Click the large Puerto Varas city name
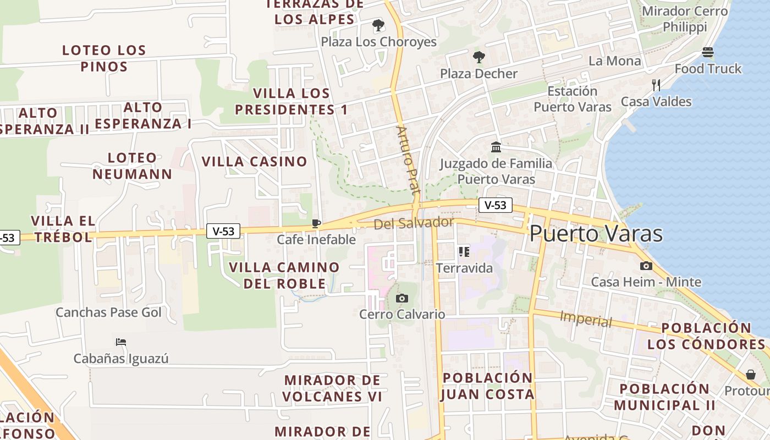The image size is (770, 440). click(x=596, y=234)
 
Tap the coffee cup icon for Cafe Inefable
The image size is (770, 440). click(x=316, y=223)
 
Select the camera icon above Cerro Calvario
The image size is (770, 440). click(x=402, y=298)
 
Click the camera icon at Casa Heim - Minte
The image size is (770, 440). click(x=646, y=266)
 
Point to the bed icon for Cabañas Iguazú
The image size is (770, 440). click(x=121, y=342)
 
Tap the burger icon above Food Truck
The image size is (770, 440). click(x=708, y=52)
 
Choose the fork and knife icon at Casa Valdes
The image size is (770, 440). click(x=656, y=85)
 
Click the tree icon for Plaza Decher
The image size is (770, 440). click(x=479, y=57)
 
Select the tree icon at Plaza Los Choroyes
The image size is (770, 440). click(x=378, y=25)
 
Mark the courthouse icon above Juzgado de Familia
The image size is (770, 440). click(x=496, y=147)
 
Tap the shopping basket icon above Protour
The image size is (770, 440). click(x=751, y=375)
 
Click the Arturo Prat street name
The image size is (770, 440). click(x=408, y=160)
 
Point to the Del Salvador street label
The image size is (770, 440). click(x=414, y=223)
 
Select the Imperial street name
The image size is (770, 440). click(x=585, y=319)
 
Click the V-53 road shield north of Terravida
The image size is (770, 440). click(x=496, y=206)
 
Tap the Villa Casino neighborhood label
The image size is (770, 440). click(x=254, y=162)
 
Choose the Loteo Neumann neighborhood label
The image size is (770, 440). click(x=132, y=166)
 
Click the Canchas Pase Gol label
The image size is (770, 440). click(x=109, y=312)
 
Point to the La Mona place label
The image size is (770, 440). click(x=614, y=61)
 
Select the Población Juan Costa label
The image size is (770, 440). click(x=487, y=386)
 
